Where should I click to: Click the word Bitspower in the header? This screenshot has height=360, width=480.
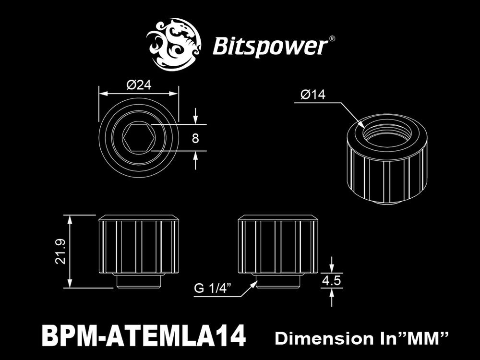pyautogui.click(x=270, y=48)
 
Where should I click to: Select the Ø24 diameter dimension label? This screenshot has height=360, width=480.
pyautogui.click(x=139, y=85)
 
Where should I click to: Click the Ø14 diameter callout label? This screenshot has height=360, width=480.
pyautogui.click(x=313, y=95)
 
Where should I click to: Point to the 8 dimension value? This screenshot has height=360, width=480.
pyautogui.click(x=195, y=138)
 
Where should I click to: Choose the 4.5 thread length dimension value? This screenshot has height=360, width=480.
pyautogui.click(x=331, y=280)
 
